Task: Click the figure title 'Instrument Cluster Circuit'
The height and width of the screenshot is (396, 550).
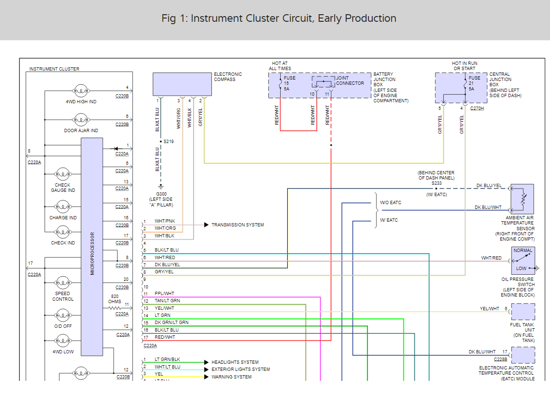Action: pos(279,18)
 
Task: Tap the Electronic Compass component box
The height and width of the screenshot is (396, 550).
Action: pos(182,84)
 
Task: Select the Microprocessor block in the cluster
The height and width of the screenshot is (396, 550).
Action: pos(92,246)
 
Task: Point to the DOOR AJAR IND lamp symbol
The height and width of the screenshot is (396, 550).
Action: pos(81,119)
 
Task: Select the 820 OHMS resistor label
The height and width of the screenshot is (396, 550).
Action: pos(114,299)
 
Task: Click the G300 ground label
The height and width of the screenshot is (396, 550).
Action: pos(161,194)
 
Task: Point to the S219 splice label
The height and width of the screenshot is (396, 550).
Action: pos(169,142)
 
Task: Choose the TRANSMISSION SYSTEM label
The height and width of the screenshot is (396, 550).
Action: pos(238,225)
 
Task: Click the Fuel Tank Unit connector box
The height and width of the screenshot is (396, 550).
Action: pos(523,312)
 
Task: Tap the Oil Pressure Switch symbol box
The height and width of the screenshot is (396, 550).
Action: pos(523,261)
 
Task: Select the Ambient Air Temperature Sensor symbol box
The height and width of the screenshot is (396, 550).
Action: pos(522,198)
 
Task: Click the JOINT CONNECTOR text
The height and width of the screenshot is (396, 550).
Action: pos(350,81)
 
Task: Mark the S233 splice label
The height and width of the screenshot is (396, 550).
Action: pos(436,183)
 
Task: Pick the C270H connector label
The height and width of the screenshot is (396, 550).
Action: pos(477,108)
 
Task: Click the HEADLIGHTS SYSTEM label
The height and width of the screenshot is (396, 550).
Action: pos(235,362)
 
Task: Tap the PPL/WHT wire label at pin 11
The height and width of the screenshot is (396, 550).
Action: pos(165,294)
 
